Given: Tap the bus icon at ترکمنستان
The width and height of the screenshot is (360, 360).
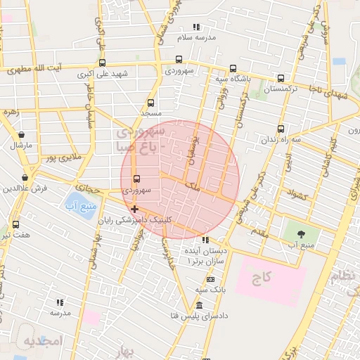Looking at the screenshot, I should [281, 79].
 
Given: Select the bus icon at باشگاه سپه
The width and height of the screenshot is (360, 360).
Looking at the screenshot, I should [233, 69].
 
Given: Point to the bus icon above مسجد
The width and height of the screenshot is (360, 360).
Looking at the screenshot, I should [150, 103].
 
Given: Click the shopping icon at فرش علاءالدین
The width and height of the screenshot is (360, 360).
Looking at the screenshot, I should [26, 178].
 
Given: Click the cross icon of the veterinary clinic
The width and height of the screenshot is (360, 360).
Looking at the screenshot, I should [134, 209].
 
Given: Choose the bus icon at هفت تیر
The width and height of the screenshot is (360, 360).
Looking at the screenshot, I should [15, 224].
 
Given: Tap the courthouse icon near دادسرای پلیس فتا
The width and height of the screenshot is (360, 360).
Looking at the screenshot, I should [199, 306].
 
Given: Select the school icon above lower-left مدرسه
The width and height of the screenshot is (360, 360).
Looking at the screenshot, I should [60, 302].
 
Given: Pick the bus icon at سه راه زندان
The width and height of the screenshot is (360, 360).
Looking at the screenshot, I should [281, 129].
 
